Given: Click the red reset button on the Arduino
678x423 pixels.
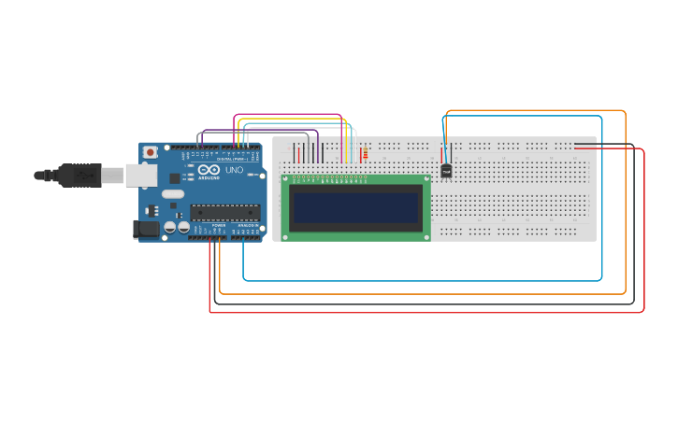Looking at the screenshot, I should [x=150, y=153].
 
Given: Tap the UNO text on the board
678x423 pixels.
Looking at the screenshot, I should [x=234, y=171].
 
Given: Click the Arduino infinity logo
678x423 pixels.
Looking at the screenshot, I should [x=204, y=171].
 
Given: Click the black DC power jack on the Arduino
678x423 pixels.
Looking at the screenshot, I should [x=147, y=229].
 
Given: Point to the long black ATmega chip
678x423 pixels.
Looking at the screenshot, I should [x=224, y=212].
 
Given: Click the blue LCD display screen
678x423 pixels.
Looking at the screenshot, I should [x=354, y=207].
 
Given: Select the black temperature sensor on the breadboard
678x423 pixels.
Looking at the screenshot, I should [x=446, y=171].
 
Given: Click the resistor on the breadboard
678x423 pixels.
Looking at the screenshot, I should [x=365, y=154].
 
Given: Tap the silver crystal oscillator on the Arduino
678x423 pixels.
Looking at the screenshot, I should [x=173, y=194].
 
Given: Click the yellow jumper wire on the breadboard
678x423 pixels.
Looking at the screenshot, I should [x=347, y=149].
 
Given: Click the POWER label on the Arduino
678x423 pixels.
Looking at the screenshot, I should [x=218, y=225].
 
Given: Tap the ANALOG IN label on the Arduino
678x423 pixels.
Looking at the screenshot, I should [x=247, y=225].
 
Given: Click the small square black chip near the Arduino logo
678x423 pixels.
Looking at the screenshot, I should [x=176, y=177].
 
